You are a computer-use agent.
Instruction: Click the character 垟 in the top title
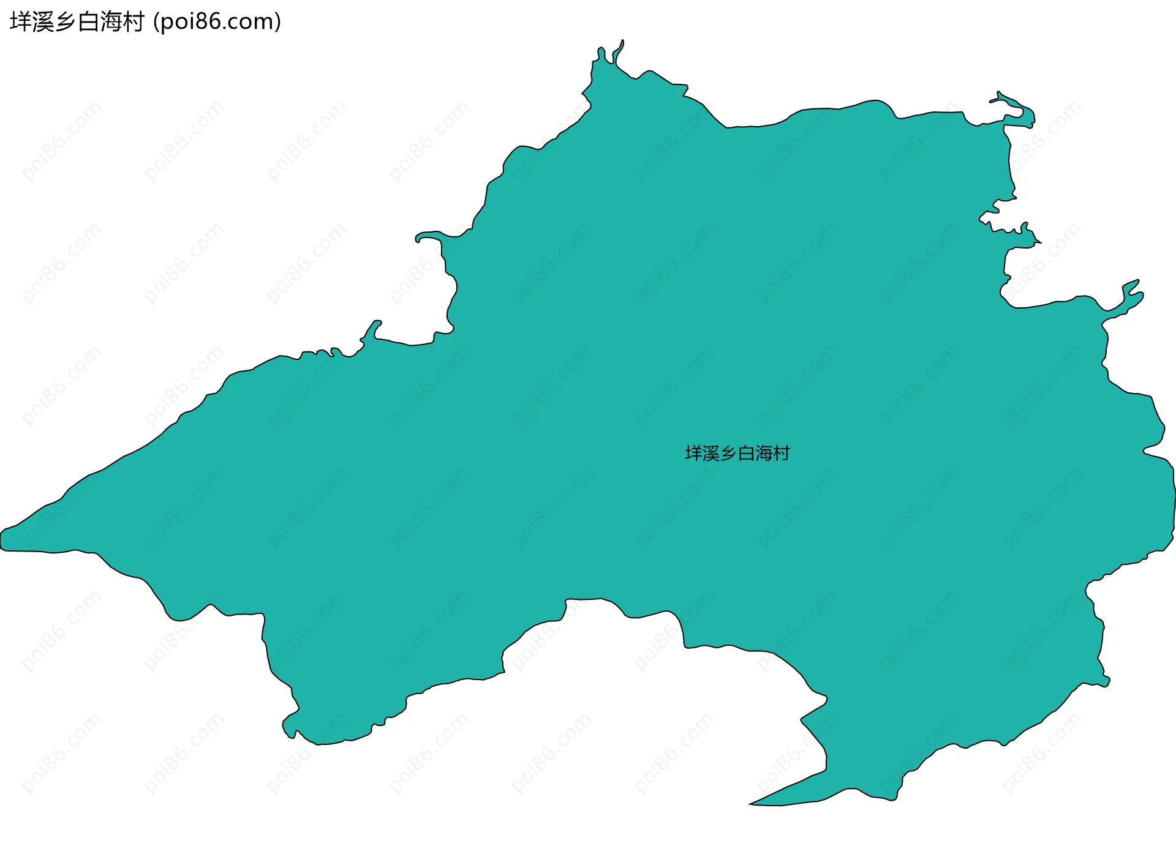pos(21,22)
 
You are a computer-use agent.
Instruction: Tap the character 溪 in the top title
pos(43,22)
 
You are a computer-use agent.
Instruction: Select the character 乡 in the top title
pos(66,22)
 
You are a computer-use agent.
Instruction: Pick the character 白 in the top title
pos(88,22)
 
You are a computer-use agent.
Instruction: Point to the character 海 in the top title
pos(111,22)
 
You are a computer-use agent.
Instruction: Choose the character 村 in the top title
pos(134,22)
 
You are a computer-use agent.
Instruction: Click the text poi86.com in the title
pos(217,22)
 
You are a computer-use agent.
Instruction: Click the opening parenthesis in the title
pos(156,22)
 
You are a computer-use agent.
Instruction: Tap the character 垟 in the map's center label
pos(693,454)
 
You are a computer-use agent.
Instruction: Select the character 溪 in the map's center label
pos(711,454)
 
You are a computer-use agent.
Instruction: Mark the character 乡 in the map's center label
pos(729,454)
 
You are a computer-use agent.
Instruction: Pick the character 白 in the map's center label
pos(747,454)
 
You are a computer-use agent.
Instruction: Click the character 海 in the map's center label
pos(764,454)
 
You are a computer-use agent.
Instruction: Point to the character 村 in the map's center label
pos(782,454)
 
